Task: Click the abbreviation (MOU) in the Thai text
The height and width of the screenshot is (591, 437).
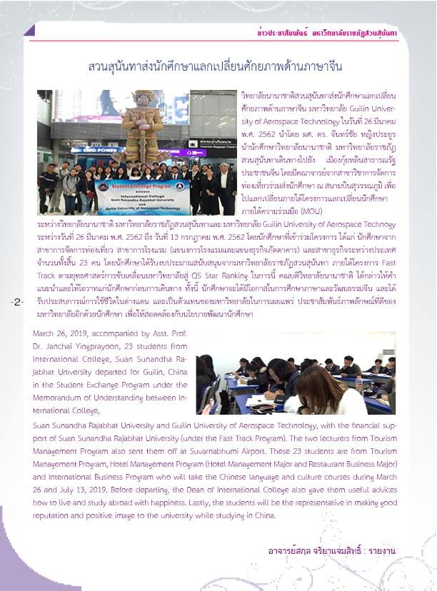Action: click(312, 211)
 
